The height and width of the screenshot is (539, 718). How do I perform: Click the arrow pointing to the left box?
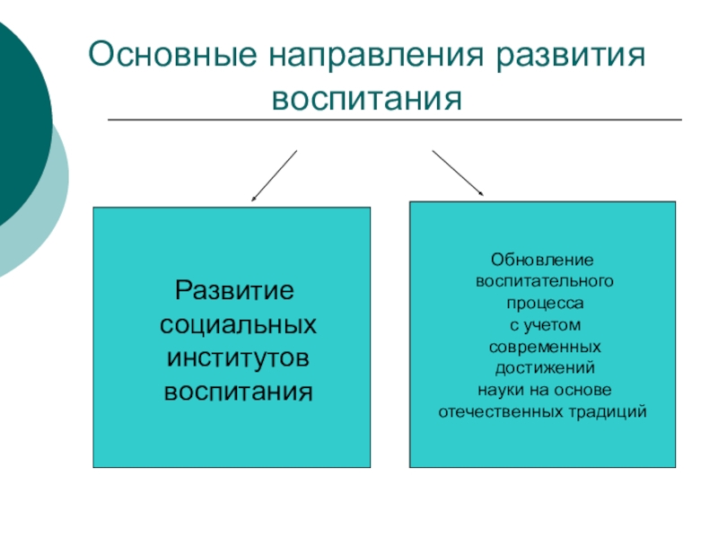coord(274,175)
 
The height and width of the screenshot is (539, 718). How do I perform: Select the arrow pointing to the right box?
coord(458,172)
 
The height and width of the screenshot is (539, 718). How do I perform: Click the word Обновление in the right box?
coord(542,261)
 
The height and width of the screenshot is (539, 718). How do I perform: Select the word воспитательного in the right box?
coord(542,282)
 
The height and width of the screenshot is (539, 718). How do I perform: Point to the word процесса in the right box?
coord(542,304)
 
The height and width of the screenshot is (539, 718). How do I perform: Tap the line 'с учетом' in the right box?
coord(542,325)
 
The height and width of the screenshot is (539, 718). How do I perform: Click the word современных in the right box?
coord(542,347)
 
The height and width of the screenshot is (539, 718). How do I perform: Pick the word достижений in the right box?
coord(542,368)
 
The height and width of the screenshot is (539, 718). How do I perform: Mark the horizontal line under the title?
coord(395,119)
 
